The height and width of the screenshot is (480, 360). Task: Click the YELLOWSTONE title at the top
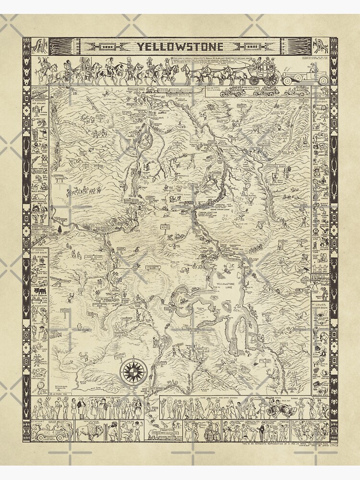coord(181,47)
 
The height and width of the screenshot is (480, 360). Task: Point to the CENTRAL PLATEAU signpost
coord(165,227)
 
